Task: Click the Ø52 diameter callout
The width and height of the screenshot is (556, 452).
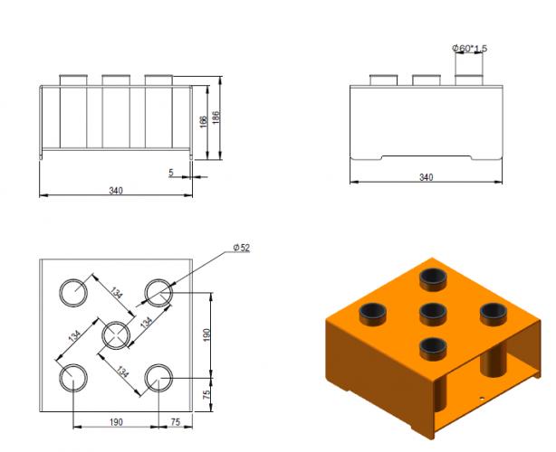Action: click(241, 248)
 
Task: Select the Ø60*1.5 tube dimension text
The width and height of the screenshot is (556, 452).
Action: click(469, 48)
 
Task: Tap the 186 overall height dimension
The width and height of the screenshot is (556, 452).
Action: click(215, 119)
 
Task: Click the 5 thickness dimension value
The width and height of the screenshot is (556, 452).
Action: click(171, 171)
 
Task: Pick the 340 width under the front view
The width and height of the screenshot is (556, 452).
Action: click(116, 190)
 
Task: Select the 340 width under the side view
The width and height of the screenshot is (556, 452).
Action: click(426, 178)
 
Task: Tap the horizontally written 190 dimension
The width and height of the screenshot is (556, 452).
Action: click(116, 422)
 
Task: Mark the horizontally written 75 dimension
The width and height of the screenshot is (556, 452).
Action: click(175, 422)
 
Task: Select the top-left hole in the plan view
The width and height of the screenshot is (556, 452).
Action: click(72, 292)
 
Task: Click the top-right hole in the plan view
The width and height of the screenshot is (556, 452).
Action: click(158, 292)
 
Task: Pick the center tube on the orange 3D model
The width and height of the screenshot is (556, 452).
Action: click(435, 315)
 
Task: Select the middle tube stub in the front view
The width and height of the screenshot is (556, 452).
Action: click(116, 80)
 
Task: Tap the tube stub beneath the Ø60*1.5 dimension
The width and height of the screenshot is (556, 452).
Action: click(469, 80)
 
